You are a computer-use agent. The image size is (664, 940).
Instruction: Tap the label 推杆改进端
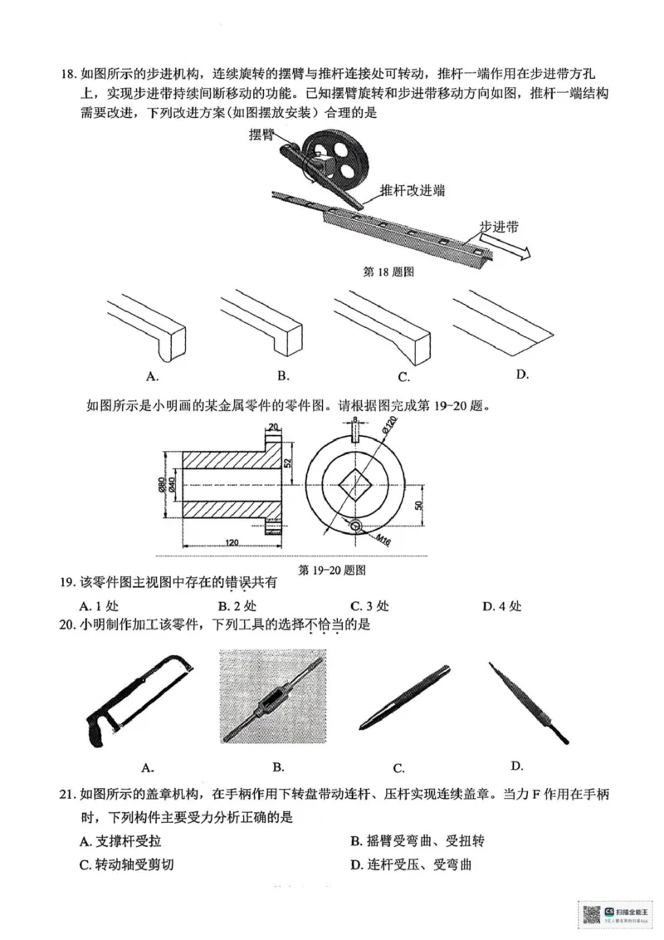413,190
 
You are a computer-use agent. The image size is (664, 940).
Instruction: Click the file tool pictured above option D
527,702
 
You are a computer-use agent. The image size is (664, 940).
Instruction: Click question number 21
69,794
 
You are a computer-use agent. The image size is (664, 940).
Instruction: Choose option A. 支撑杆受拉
119,841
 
